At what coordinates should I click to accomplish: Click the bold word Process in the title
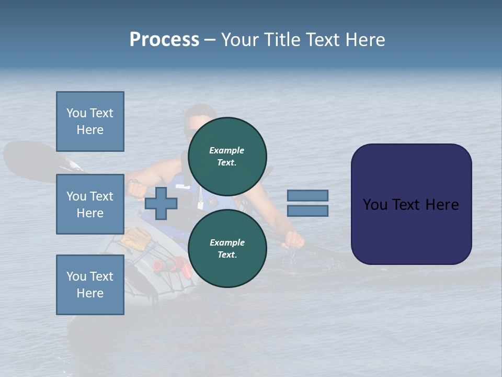[x=164, y=40]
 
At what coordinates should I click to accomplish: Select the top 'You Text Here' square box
[x=90, y=121]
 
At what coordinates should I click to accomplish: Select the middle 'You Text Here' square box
[x=90, y=204]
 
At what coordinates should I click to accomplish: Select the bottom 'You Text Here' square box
[x=90, y=284]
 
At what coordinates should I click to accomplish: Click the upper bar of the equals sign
[x=307, y=195]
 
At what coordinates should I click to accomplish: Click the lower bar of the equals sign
[x=307, y=211]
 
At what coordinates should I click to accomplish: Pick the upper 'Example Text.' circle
[x=227, y=157]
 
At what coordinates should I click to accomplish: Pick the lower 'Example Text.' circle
[x=227, y=248]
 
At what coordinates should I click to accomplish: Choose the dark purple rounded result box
[x=411, y=204]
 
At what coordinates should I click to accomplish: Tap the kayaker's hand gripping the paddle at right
[x=294, y=239]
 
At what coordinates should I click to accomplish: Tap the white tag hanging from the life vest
[x=200, y=205]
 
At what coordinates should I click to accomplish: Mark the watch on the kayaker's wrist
[x=134, y=182]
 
